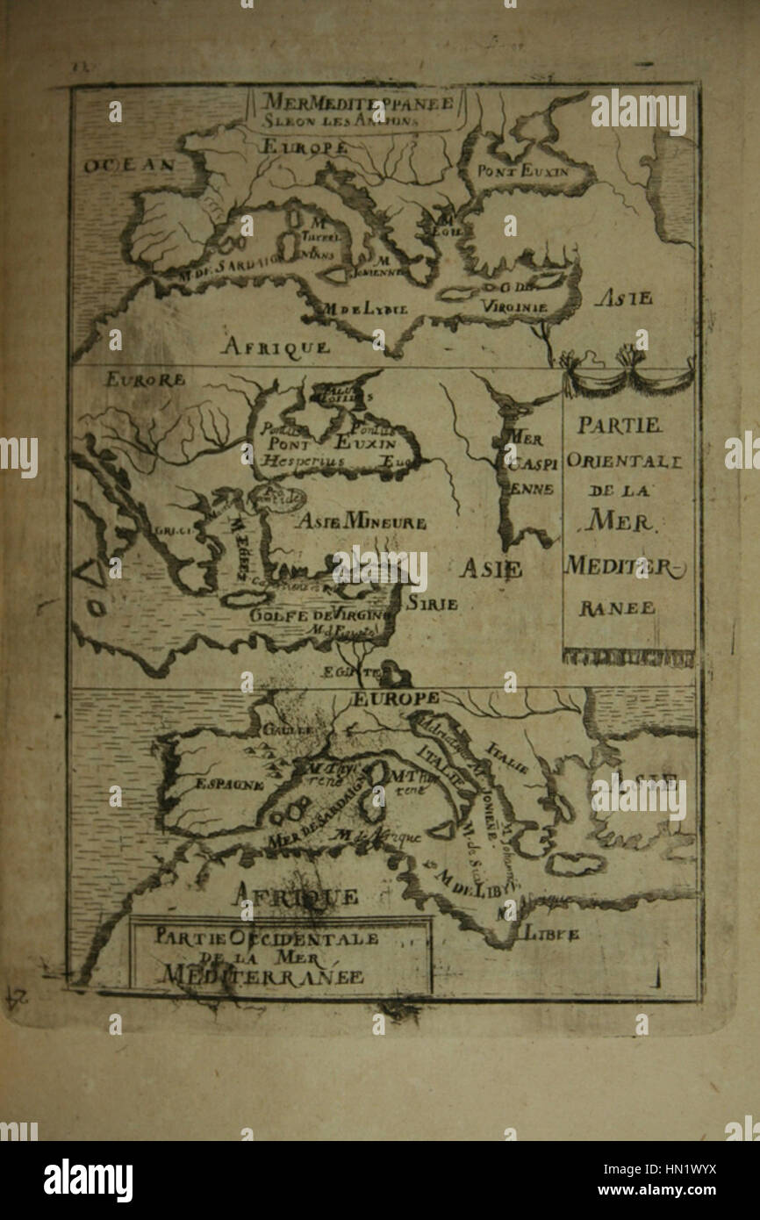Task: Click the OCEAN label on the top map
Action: click(130, 164)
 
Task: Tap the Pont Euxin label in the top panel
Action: click(523, 171)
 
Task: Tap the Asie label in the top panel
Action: click(622, 298)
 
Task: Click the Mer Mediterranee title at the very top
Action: click(356, 102)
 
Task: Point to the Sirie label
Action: click(432, 604)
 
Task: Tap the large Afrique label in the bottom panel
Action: click(294, 895)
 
